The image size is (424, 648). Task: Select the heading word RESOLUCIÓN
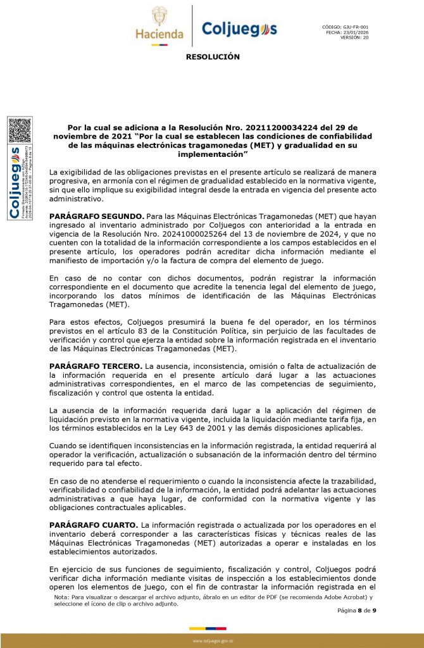pos(213,57)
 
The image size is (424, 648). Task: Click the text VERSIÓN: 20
pos(354,37)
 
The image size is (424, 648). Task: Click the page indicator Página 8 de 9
pos(358,611)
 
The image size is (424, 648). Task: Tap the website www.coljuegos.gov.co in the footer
pos(212,640)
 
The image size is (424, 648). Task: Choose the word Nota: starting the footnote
pos(61,597)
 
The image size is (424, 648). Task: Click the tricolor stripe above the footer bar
pos(212,628)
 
